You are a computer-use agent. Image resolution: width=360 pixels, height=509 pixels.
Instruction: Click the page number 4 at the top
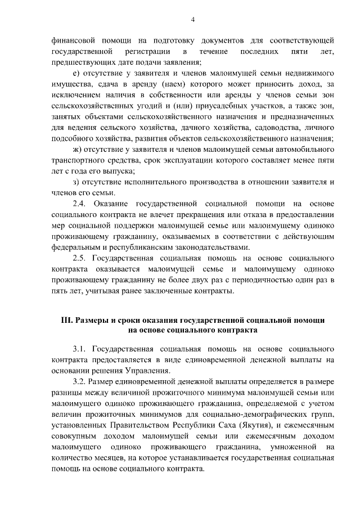point(192,20)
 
